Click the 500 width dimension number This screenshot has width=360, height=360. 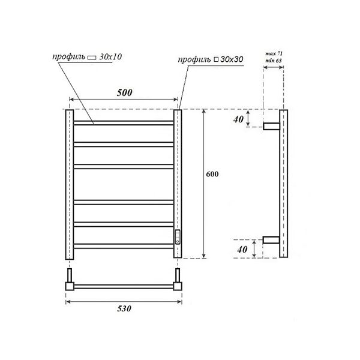124,92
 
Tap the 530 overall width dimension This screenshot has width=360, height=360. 124,308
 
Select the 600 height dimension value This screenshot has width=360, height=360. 212,174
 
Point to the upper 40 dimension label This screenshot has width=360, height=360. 238,119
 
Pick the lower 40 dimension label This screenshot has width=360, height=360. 242,250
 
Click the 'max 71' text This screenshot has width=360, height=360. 274,54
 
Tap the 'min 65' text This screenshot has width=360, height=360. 274,61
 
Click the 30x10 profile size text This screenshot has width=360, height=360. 110,57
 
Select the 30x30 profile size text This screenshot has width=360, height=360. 232,59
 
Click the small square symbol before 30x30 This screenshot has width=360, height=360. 216,59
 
